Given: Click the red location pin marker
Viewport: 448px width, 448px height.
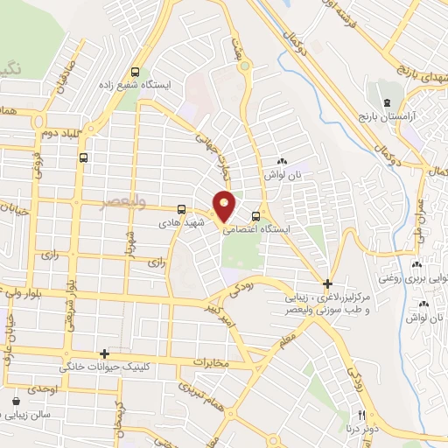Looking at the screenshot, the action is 225,206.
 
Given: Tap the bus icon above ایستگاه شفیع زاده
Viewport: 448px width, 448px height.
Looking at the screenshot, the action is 135,73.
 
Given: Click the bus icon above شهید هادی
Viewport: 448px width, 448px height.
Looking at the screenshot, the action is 181,209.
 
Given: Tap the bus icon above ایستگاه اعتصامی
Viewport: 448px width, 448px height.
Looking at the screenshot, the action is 255,216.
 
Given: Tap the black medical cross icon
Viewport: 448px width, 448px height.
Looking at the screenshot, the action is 326,283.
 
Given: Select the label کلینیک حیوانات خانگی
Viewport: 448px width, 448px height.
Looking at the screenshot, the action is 111,367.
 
